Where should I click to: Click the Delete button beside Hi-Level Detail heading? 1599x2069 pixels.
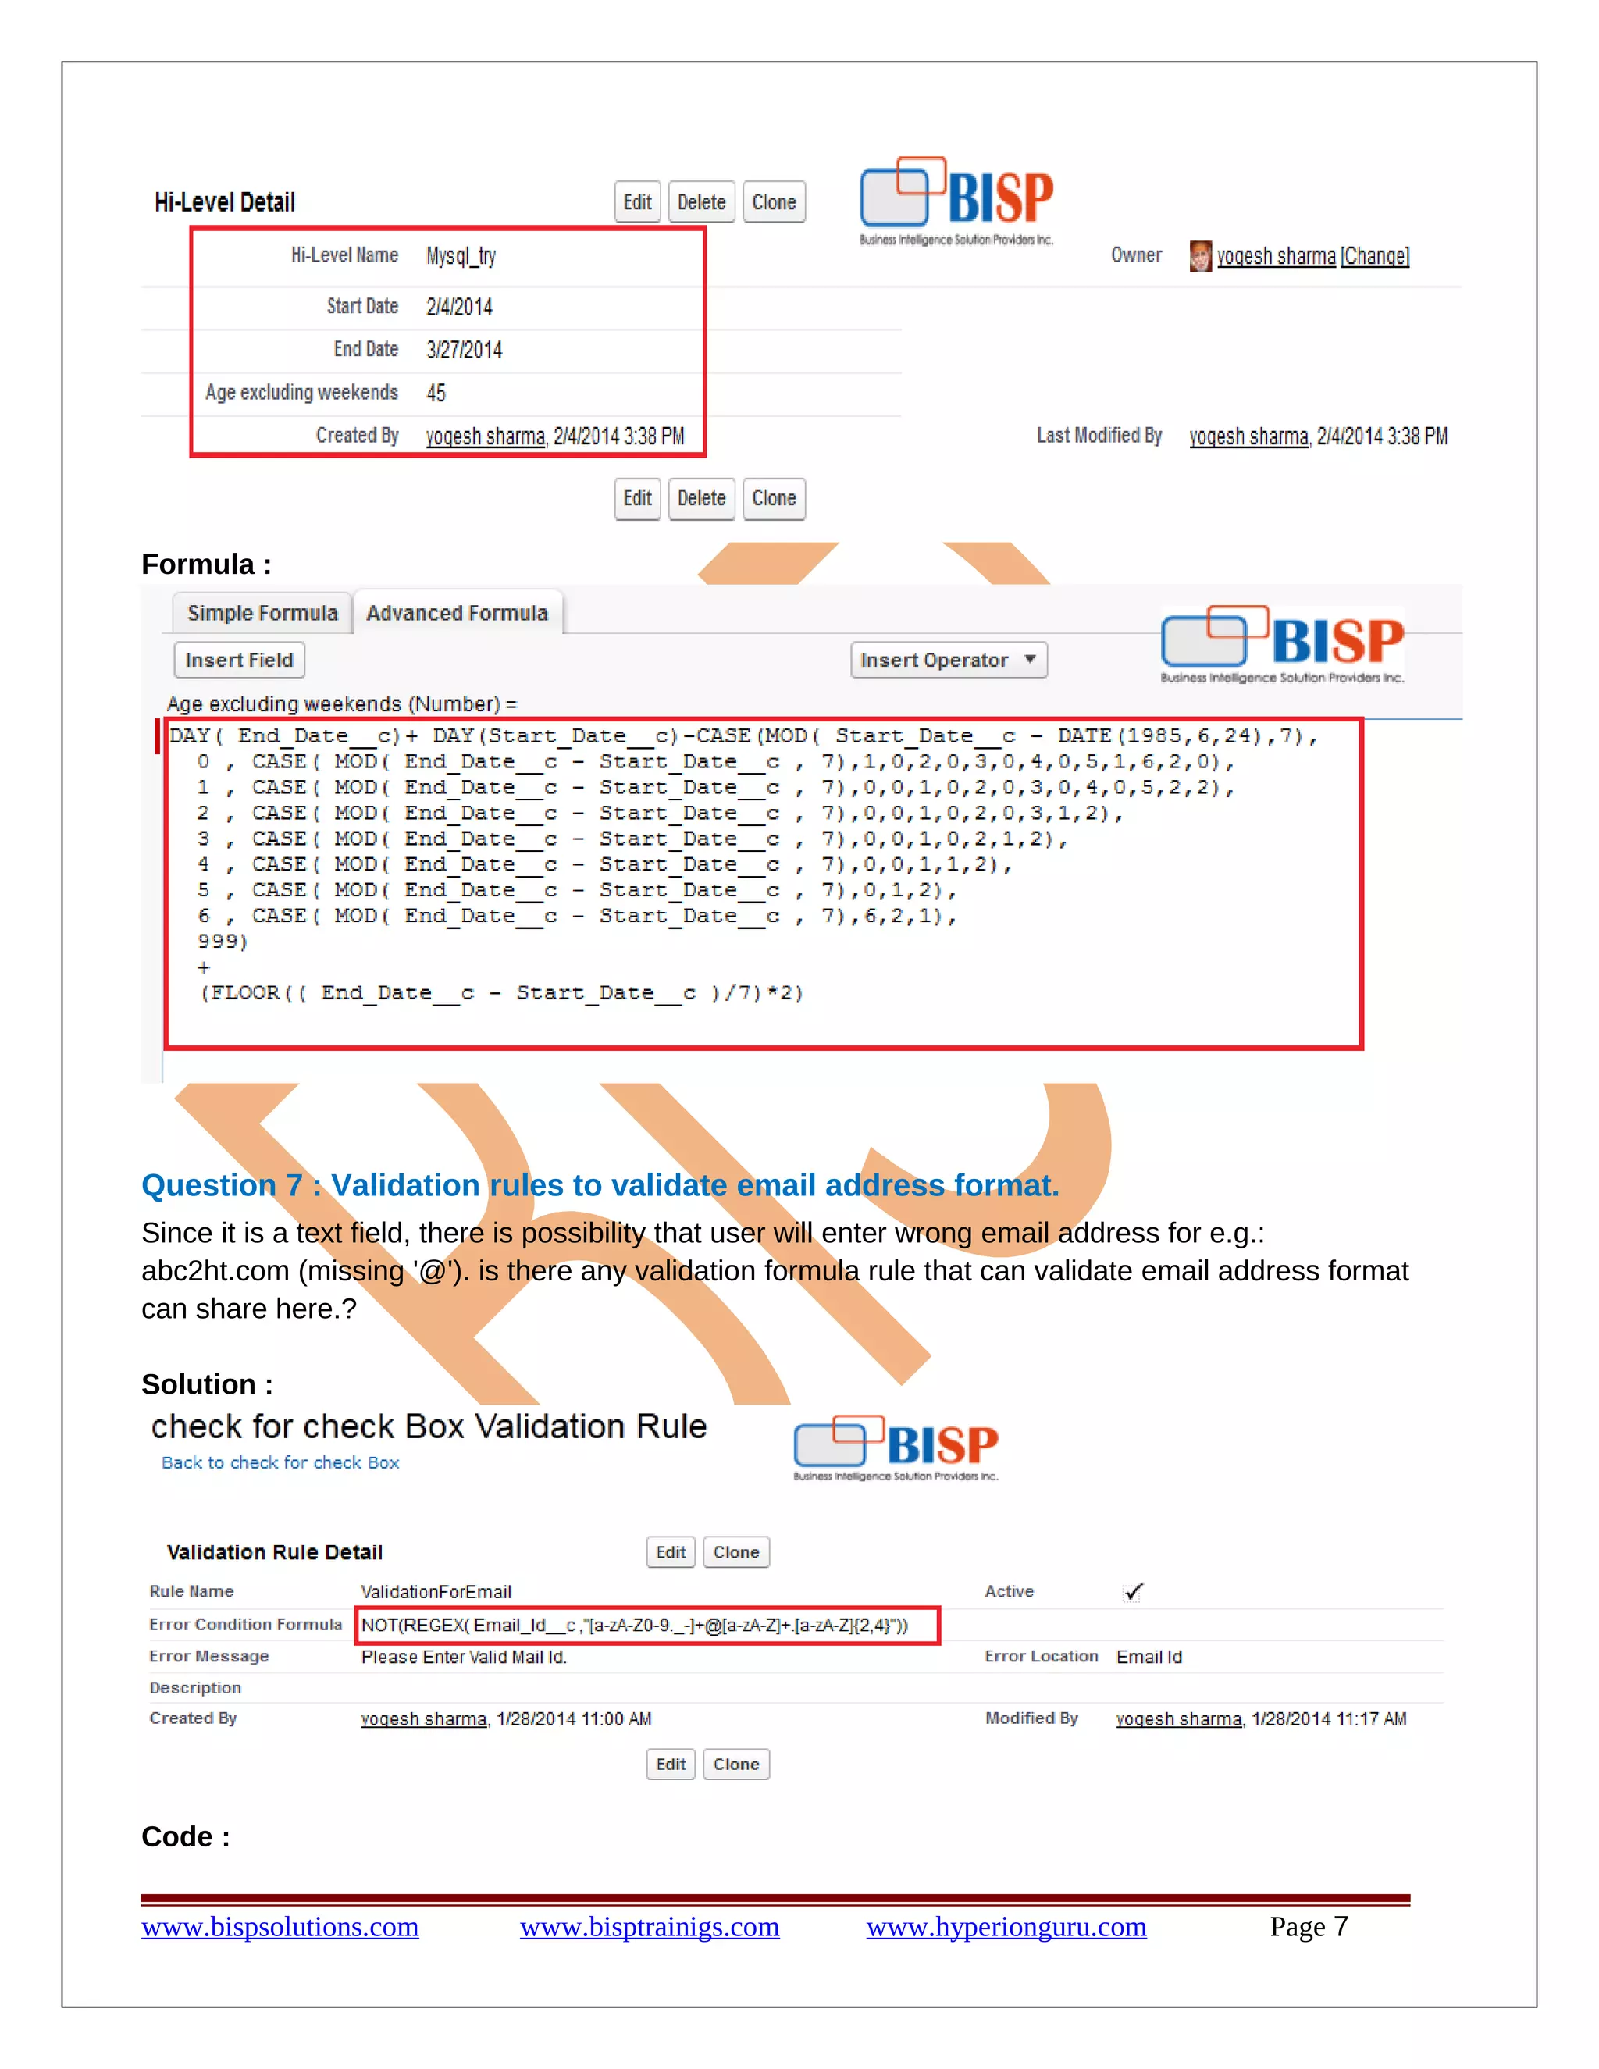[x=701, y=201]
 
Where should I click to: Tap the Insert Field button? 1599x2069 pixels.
[x=239, y=661]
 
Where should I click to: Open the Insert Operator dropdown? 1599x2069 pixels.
[x=948, y=661]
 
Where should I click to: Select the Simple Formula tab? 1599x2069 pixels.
[x=262, y=613]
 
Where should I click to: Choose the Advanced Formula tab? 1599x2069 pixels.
[x=457, y=613]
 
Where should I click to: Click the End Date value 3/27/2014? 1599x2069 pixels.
[x=465, y=350]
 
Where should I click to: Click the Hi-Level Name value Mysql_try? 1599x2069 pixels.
[x=461, y=256]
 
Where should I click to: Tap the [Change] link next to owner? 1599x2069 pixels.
[x=1374, y=256]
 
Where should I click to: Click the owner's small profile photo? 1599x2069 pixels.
[x=1199, y=256]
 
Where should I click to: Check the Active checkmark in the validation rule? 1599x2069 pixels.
[x=1133, y=1591]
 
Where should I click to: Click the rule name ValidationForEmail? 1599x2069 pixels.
[x=436, y=1591]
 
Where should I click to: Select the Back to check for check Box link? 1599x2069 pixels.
[x=280, y=1462]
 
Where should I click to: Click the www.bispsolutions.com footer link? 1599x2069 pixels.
[x=280, y=1927]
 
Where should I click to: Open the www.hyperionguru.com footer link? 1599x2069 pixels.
[x=1006, y=1927]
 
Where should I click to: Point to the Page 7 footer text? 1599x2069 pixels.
[x=1309, y=1927]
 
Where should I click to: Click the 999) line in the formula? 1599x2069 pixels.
[x=223, y=942]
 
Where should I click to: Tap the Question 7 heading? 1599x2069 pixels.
[x=600, y=1185]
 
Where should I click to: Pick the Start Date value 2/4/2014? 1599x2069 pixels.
[x=459, y=307]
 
